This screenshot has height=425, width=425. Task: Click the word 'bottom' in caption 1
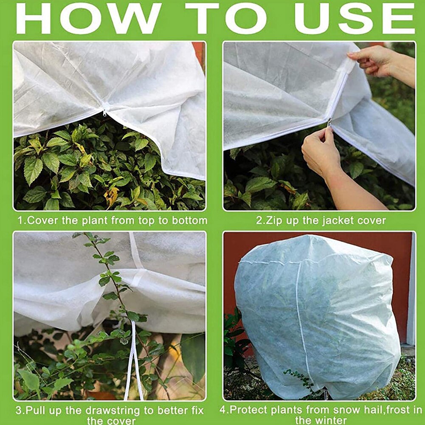189,221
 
